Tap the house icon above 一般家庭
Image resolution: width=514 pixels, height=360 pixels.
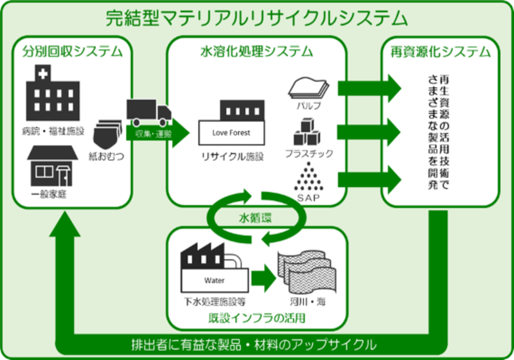click(53, 166)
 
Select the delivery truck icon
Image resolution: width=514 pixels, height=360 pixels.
click(149, 113)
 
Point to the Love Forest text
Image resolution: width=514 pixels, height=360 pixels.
click(231, 133)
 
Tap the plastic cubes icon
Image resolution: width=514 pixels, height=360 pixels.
click(307, 132)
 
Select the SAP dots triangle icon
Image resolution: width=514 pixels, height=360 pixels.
click(308, 177)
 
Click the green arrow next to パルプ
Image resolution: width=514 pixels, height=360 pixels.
click(370, 88)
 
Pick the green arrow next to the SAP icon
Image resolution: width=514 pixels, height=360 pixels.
click(370, 179)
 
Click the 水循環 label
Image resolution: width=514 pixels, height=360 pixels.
click(255, 218)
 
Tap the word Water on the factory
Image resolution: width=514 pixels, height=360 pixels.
click(215, 281)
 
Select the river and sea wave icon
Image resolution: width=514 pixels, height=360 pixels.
click(307, 272)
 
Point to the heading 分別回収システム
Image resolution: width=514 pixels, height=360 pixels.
click(73, 51)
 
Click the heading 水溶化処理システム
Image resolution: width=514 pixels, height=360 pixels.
click(256, 51)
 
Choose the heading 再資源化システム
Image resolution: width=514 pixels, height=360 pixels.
click(441, 52)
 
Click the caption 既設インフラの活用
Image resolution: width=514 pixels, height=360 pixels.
click(257, 318)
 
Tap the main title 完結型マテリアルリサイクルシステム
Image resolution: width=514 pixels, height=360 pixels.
click(256, 19)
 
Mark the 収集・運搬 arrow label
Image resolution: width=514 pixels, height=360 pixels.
click(154, 134)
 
